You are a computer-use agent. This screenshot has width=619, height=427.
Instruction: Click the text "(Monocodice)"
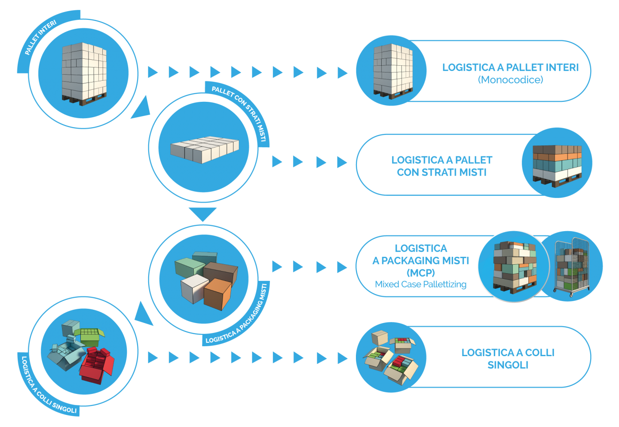pyautogui.click(x=510, y=80)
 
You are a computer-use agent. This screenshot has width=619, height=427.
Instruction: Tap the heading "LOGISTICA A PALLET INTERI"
pyautogui.click(x=510, y=67)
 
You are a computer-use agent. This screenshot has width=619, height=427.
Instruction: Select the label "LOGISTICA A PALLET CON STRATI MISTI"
pyautogui.click(x=441, y=166)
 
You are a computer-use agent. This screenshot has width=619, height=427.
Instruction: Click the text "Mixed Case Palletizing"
pyautogui.click(x=420, y=284)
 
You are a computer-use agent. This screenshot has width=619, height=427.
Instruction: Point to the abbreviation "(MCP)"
pyautogui.click(x=420, y=273)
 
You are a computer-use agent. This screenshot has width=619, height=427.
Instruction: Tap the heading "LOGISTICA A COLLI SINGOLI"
pyautogui.click(x=508, y=359)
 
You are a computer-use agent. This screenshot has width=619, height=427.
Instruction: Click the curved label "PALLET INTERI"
pyautogui.click(x=40, y=37)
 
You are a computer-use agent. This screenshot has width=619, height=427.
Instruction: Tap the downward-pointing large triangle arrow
pyautogui.click(x=202, y=214)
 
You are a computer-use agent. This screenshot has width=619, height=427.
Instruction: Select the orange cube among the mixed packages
pyautogui.click(x=218, y=293)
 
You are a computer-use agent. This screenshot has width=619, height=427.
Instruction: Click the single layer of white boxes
pyautogui.click(x=204, y=149)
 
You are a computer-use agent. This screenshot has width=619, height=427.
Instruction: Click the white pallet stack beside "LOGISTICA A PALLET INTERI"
pyautogui.click(x=392, y=70)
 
